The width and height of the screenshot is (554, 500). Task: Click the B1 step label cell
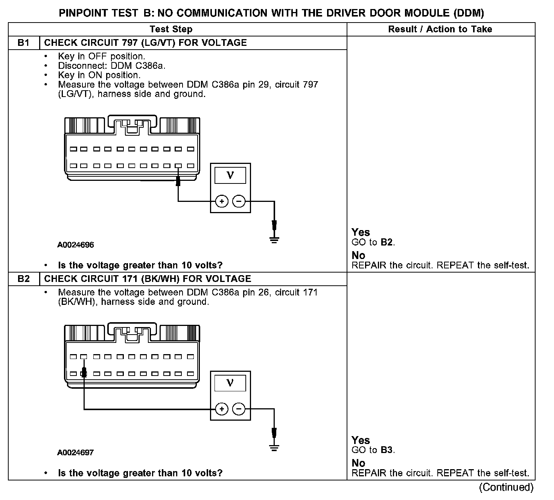(x=23, y=42)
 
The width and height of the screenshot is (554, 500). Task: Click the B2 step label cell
(x=23, y=279)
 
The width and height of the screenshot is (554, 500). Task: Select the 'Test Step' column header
(x=171, y=29)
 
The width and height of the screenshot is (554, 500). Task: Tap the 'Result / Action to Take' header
(x=440, y=29)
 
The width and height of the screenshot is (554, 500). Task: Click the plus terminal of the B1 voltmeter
(x=222, y=202)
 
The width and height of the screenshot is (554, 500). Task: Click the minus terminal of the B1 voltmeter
(x=239, y=202)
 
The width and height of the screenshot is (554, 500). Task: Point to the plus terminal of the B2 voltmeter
(x=222, y=409)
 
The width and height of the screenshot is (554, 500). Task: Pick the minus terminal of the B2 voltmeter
(x=239, y=409)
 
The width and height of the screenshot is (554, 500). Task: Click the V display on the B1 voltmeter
(x=230, y=175)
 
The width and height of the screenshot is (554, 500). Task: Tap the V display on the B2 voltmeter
(x=230, y=383)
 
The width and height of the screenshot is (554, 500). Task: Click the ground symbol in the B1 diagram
(x=274, y=239)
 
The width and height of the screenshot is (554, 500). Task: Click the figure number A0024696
(x=75, y=245)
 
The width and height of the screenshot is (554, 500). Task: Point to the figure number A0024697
(x=75, y=453)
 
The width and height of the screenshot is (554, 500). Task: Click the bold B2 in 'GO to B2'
(x=387, y=242)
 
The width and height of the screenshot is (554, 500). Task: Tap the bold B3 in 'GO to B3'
(x=387, y=450)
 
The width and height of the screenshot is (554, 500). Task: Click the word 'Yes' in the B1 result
(x=361, y=232)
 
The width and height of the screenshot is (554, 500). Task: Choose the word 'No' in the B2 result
(x=358, y=463)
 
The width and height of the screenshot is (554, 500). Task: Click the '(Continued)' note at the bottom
(x=506, y=487)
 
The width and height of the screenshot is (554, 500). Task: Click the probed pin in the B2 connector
(x=84, y=374)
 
